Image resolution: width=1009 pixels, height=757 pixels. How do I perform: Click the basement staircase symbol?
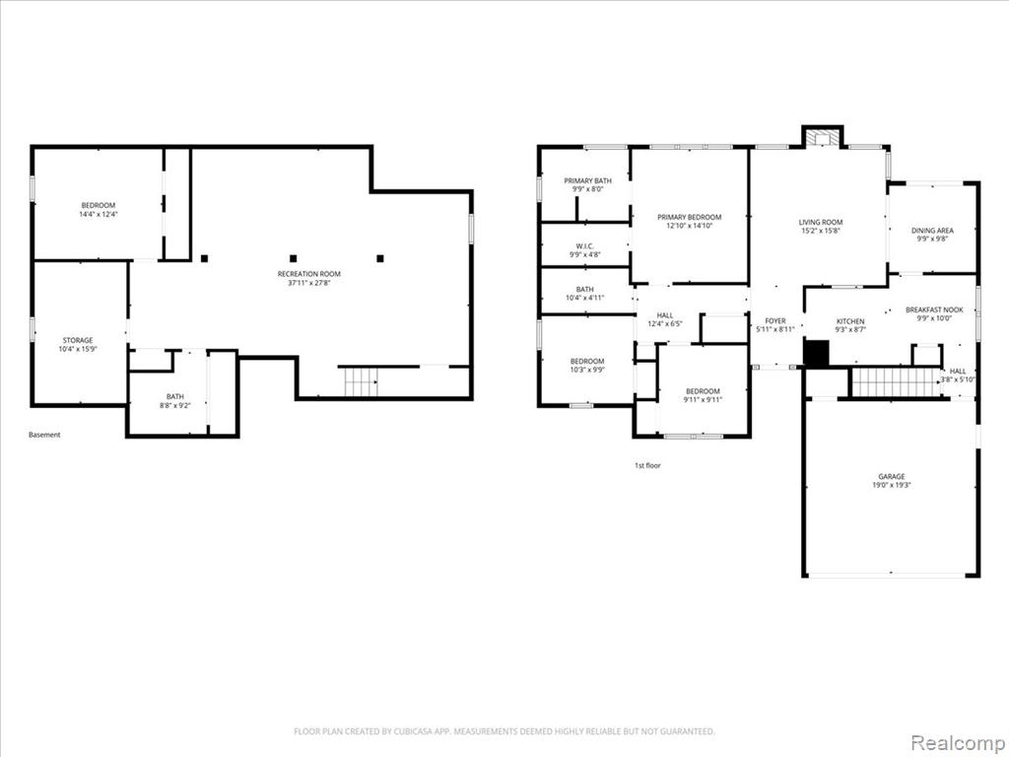click(x=361, y=382)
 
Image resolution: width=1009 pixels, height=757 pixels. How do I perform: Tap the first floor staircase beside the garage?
click(x=897, y=382)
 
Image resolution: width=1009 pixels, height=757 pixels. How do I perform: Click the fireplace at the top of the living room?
click(x=822, y=138)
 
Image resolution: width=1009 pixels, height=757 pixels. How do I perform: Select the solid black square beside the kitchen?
click(x=817, y=354)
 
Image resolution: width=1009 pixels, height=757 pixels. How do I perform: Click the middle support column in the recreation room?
click(x=293, y=259)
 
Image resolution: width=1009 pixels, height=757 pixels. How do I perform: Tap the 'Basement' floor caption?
click(x=44, y=435)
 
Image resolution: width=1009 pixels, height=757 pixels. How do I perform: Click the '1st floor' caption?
click(x=647, y=465)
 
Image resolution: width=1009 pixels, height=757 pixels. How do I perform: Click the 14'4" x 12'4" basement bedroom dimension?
click(x=98, y=214)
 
